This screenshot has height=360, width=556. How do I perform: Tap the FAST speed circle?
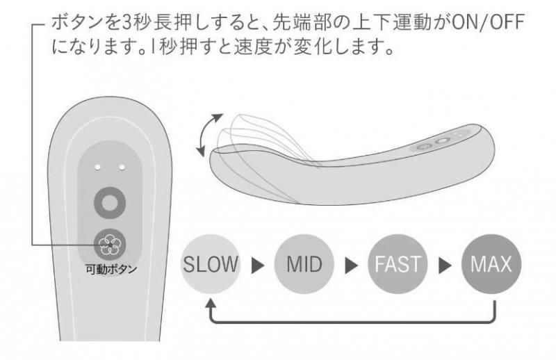click(x=398, y=264)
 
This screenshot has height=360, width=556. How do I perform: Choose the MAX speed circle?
click(x=491, y=264)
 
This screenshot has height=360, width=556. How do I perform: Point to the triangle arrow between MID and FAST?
click(x=352, y=265)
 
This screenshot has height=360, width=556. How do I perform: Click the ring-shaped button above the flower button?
click(x=109, y=202)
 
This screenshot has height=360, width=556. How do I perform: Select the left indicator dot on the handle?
click(x=97, y=167)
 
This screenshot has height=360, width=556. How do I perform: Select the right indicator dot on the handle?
click(x=121, y=167)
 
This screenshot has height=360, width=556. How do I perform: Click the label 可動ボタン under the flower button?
click(x=108, y=270)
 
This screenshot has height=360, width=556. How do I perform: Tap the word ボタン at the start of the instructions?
click(x=69, y=24)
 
